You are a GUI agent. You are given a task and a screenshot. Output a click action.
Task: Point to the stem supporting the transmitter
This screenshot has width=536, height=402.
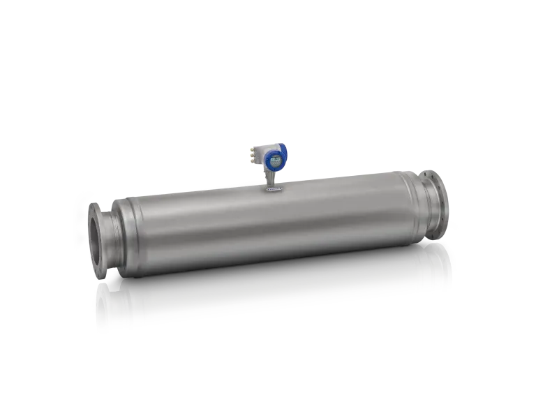pyautogui.click(x=269, y=177)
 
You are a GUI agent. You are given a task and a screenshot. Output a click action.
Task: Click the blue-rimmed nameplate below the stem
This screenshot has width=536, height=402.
pyautogui.click(x=272, y=188)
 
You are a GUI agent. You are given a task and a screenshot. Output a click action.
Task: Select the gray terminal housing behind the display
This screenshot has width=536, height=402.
pyautogui.click(x=262, y=156)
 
